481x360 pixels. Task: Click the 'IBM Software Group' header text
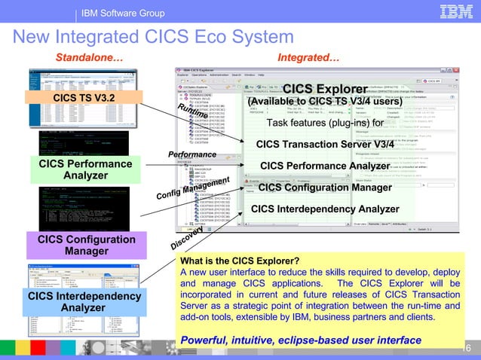[x=124, y=14]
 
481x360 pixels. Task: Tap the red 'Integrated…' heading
[x=308, y=57]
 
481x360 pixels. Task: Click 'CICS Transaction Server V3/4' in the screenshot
[x=325, y=144]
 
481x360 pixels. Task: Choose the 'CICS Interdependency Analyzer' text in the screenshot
[x=325, y=209]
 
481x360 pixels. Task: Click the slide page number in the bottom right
[x=467, y=347]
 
